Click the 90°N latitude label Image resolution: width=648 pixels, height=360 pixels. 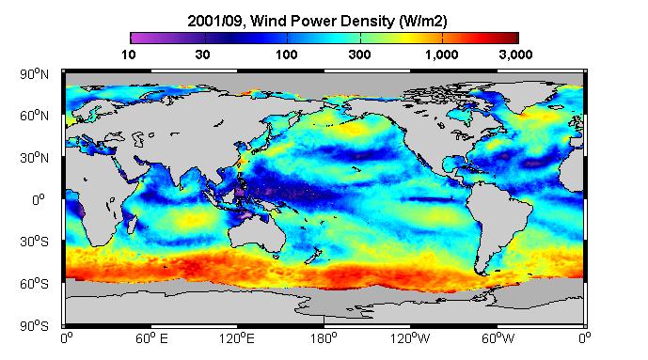pyautogui.click(x=34, y=74)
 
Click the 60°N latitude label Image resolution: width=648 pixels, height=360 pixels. pyautogui.click(x=34, y=116)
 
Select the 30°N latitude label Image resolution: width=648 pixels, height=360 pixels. pyautogui.click(x=34, y=158)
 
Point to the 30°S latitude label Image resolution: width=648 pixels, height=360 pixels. pyautogui.click(x=34, y=242)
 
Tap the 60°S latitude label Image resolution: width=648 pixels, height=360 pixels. pyautogui.click(x=34, y=284)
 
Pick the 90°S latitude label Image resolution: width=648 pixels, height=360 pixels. pyautogui.click(x=34, y=326)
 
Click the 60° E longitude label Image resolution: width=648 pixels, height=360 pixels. pyautogui.click(x=151, y=338)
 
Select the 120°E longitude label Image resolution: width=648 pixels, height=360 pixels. pyautogui.click(x=237, y=338)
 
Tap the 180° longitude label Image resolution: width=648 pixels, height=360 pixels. pyautogui.click(x=324, y=338)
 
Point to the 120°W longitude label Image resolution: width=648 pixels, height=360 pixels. pyautogui.click(x=410, y=338)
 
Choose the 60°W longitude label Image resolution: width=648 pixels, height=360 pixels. pyautogui.click(x=498, y=338)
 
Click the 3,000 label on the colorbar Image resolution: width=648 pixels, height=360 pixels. pyautogui.click(x=515, y=55)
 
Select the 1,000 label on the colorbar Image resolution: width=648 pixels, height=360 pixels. pyautogui.click(x=442, y=55)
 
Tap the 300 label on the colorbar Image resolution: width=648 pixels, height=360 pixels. pyautogui.click(x=359, y=55)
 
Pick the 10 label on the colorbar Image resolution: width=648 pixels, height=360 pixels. pyautogui.click(x=129, y=55)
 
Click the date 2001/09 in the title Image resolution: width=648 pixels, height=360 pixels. pyautogui.click(x=214, y=21)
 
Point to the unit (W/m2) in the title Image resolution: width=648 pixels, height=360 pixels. pyautogui.click(x=423, y=21)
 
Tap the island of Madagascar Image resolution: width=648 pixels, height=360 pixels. pyautogui.click(x=132, y=224)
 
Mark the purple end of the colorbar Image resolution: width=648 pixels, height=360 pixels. pyautogui.click(x=133, y=38)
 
